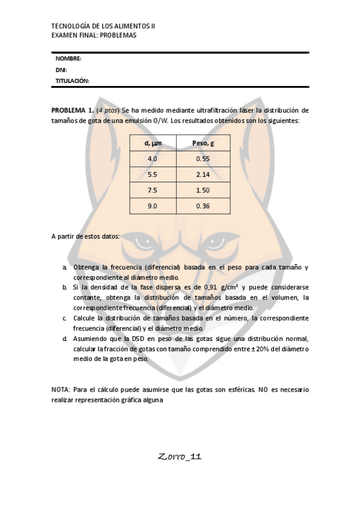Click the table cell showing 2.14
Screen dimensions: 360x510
coord(203,174)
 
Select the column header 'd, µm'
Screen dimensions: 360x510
coord(153,143)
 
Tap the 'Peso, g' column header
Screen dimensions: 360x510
coord(203,143)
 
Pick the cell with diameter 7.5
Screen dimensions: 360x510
coord(153,190)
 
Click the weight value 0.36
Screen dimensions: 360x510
coord(203,206)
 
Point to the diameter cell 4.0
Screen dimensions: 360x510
coord(153,159)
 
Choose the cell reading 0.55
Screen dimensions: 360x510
coord(203,159)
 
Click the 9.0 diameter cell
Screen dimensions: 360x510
coord(153,206)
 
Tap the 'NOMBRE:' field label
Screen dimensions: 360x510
coord(68,59)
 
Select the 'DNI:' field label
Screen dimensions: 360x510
coord(61,70)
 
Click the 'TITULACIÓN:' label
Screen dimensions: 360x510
coord(72,81)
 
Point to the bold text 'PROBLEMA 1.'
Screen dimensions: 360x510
coord(72,111)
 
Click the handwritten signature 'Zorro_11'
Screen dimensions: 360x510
coord(179,456)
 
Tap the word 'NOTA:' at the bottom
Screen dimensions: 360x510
coord(61,390)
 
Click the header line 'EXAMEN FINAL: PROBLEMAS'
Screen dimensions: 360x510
coord(94,35)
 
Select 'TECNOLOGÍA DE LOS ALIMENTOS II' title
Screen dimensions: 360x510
coord(103,26)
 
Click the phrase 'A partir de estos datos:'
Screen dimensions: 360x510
coord(85,236)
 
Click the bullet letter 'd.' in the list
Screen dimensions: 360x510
coord(64,339)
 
